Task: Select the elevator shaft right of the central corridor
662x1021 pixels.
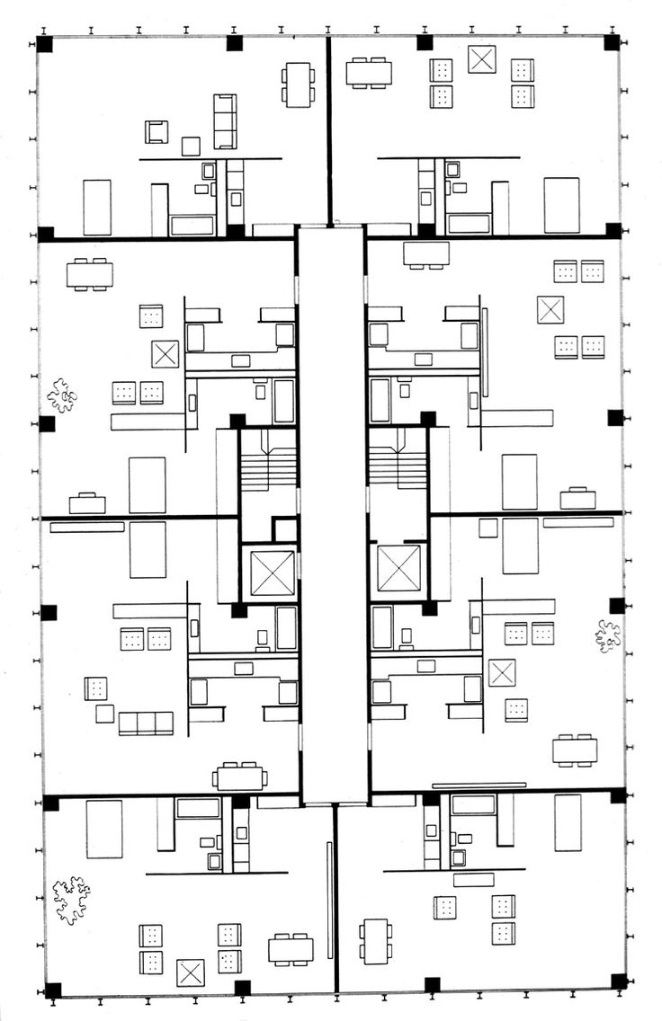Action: (x=398, y=568)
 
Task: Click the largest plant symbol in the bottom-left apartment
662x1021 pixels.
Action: (x=71, y=900)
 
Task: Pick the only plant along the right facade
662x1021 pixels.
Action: (x=608, y=635)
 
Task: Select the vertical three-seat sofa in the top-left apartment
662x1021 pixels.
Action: (x=225, y=121)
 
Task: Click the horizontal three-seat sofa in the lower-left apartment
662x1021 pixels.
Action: (x=146, y=723)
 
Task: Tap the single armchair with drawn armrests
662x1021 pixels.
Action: (x=157, y=131)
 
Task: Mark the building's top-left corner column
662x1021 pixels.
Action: (x=45, y=44)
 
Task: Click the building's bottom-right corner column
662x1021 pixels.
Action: (x=618, y=981)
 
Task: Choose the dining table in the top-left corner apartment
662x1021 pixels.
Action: (x=298, y=84)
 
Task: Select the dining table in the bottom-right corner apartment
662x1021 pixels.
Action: (x=375, y=940)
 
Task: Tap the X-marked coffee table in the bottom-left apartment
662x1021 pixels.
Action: (x=191, y=972)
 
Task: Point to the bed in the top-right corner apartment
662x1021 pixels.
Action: (x=561, y=206)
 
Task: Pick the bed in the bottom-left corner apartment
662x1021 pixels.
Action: (x=103, y=829)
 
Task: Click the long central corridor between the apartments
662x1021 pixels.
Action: (x=333, y=512)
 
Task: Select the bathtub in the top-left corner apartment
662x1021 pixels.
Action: (x=192, y=225)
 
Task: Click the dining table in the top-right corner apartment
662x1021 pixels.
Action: (x=369, y=72)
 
